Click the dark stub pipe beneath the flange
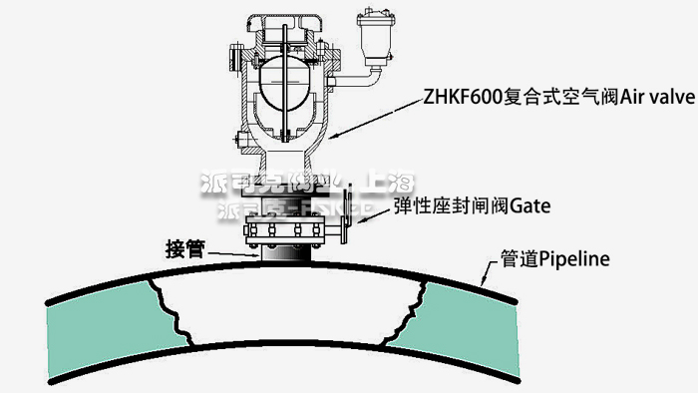pyautogui.click(x=283, y=253)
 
